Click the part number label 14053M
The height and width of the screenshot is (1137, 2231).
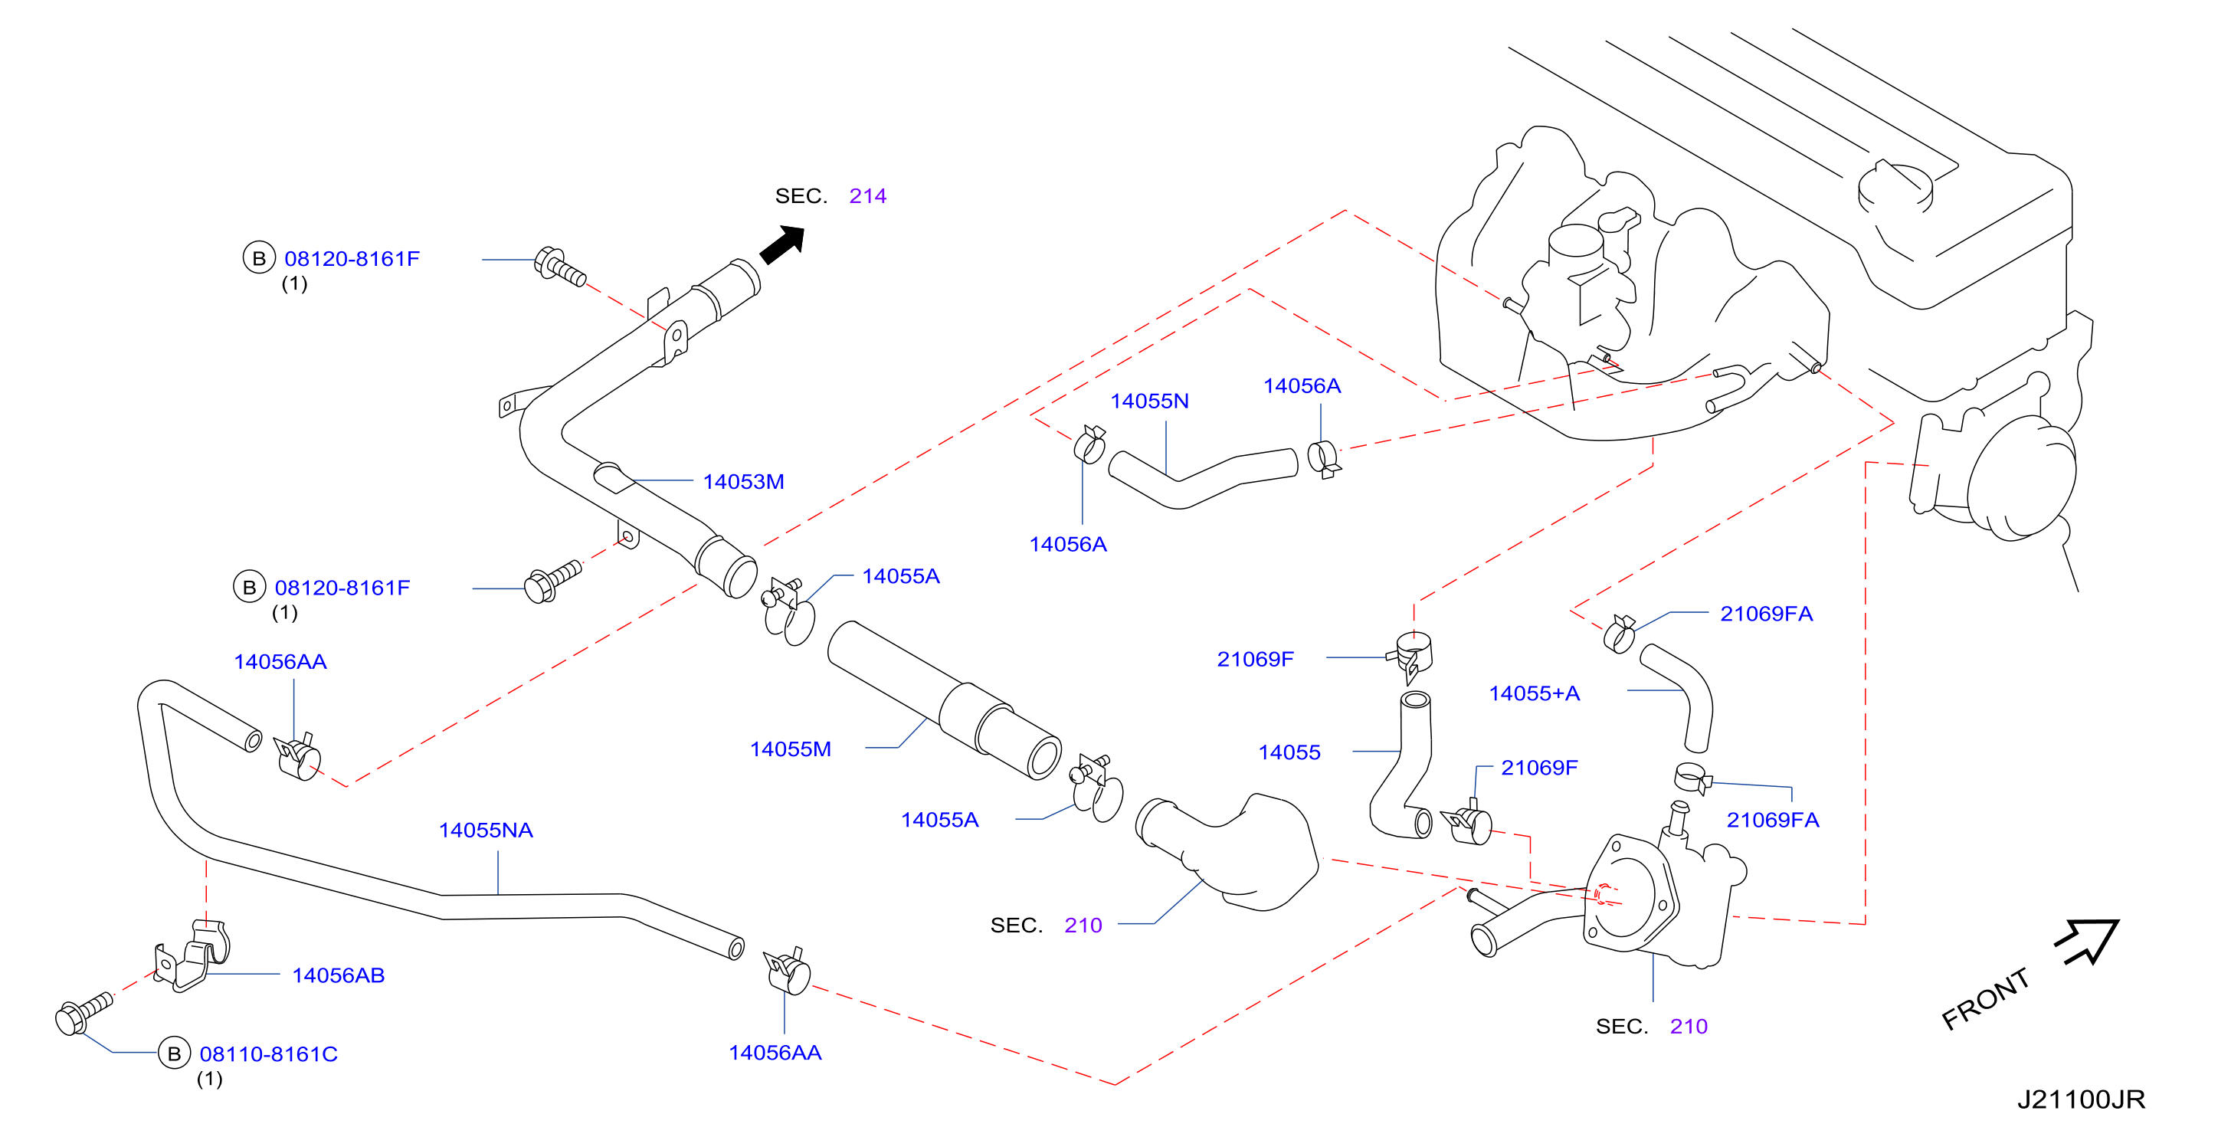click(743, 481)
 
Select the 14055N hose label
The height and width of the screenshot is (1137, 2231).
click(1149, 401)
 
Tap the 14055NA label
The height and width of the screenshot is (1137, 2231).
click(486, 831)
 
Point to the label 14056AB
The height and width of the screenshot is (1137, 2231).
click(338, 975)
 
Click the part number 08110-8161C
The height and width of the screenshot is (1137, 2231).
click(268, 1053)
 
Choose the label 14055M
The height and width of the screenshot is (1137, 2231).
click(790, 749)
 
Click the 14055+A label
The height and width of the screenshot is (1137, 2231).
click(1534, 693)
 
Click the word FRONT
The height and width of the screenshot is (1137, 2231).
click(1985, 998)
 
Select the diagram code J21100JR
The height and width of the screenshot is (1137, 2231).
click(2080, 1099)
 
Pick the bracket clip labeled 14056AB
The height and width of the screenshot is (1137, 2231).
click(194, 957)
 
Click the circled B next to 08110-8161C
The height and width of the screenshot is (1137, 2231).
click(174, 1053)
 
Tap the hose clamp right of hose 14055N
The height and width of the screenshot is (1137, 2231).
click(1323, 458)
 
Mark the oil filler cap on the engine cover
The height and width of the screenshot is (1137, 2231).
click(1895, 187)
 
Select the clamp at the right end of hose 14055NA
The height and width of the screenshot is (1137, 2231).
click(788, 971)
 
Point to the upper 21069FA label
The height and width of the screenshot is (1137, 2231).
click(1766, 614)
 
